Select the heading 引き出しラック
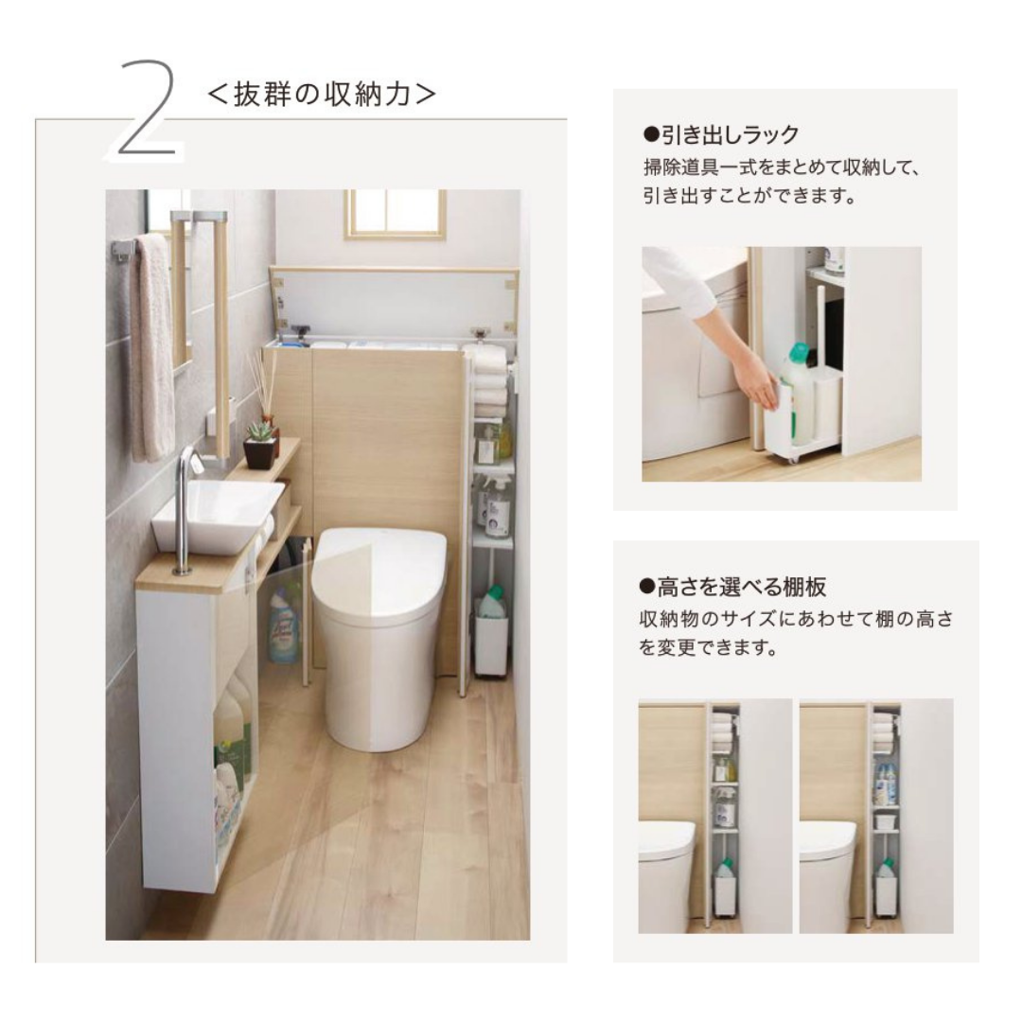point(730,135)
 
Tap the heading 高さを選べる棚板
point(741,588)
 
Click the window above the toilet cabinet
point(395,213)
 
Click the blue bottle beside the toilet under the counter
point(285,625)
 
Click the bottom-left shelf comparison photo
point(715,816)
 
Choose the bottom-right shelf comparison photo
point(876,816)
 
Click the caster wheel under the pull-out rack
point(791,459)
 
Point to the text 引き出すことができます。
point(749,195)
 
